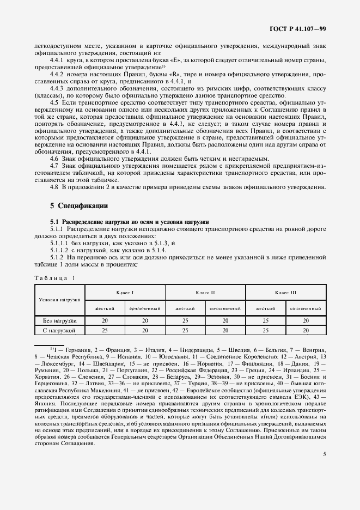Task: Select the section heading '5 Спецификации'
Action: click(x=79, y=206)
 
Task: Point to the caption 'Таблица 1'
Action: click(x=56, y=278)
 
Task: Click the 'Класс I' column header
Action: click(x=125, y=293)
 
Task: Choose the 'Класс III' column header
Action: click(x=286, y=293)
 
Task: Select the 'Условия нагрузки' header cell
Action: click(x=59, y=300)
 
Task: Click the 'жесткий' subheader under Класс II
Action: click(x=185, y=308)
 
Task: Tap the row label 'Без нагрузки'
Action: click(x=59, y=321)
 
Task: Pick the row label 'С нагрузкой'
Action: click(x=59, y=330)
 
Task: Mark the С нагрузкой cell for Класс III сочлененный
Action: click(x=306, y=330)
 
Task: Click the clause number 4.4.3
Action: click(x=57, y=88)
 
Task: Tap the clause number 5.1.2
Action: click(x=57, y=256)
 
